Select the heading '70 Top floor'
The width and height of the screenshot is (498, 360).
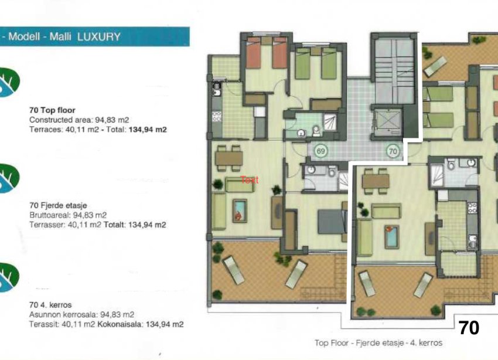click(x=52, y=110)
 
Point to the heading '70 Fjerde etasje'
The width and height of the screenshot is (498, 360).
click(x=58, y=205)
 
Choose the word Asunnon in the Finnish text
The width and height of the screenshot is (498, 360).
click(x=43, y=314)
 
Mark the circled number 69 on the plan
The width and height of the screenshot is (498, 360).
click(x=320, y=151)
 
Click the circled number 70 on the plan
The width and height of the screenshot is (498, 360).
click(x=393, y=151)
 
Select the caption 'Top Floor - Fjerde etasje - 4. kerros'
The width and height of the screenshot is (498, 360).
click(x=378, y=343)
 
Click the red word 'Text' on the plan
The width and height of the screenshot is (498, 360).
click(x=249, y=180)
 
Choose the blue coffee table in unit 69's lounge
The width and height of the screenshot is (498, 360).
click(x=240, y=210)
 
